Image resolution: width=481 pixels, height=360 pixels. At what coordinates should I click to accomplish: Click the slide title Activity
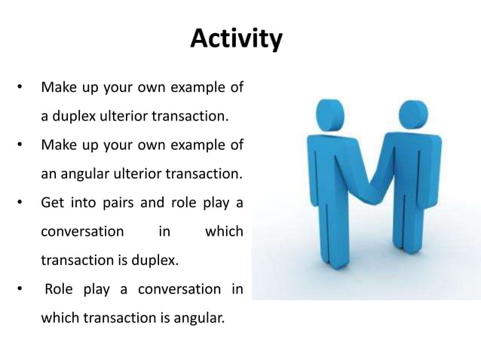tap(236, 38)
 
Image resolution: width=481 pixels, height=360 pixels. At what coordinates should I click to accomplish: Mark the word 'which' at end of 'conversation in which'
tap(224, 231)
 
